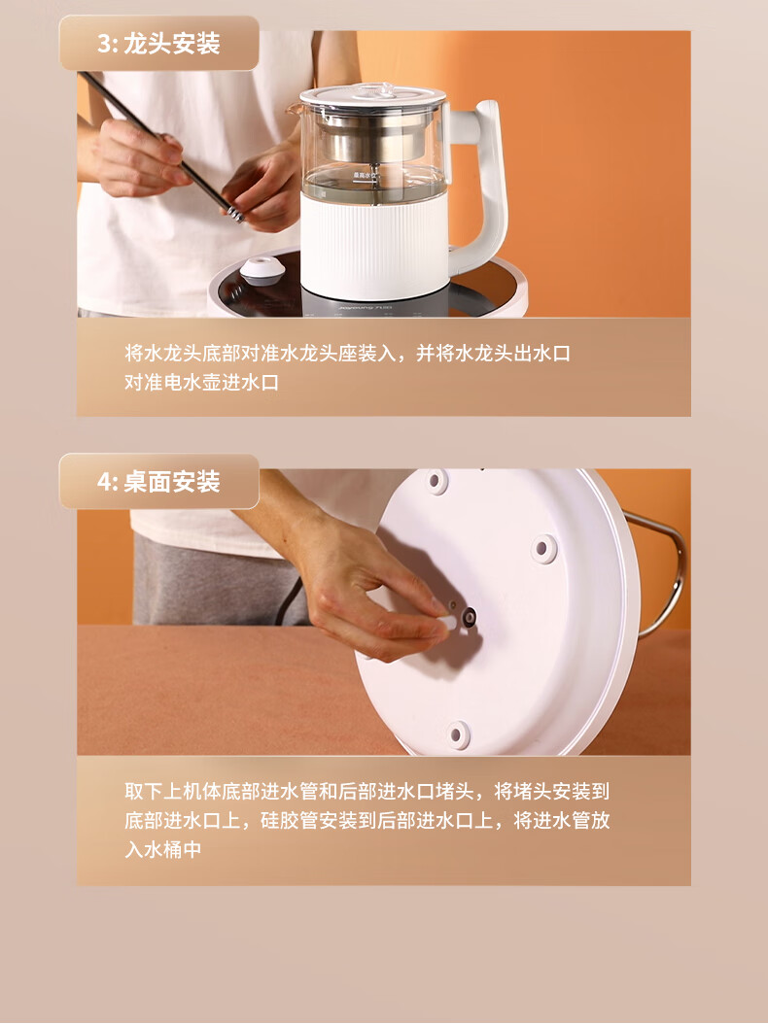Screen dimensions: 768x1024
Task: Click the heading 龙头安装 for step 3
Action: [171, 44]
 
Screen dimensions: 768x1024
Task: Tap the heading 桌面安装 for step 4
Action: [171, 482]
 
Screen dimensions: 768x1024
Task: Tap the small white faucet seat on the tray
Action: [262, 270]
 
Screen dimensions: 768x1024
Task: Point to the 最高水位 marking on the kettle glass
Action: [365, 174]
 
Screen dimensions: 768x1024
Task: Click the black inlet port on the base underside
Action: [468, 617]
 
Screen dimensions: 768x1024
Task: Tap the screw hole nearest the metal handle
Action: [543, 547]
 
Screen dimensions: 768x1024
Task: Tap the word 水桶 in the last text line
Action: [162, 850]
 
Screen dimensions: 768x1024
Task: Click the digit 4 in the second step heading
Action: [104, 482]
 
